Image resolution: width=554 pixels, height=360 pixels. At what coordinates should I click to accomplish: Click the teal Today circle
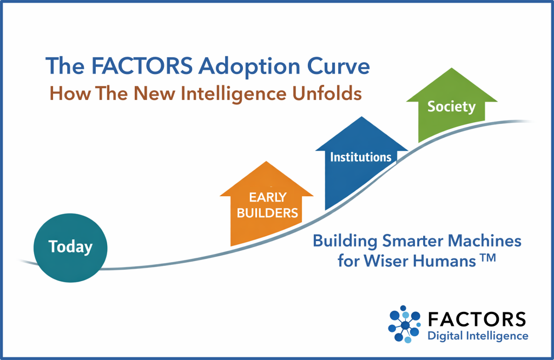(x=70, y=248)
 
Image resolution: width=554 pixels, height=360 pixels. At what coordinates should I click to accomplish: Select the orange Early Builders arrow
(x=266, y=205)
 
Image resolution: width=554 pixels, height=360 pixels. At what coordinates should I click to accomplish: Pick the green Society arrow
(x=452, y=104)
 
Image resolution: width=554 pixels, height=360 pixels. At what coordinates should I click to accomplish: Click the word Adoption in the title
(x=249, y=66)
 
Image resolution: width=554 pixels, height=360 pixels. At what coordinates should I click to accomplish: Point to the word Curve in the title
(x=339, y=66)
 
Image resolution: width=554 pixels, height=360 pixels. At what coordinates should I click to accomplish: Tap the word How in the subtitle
(x=70, y=94)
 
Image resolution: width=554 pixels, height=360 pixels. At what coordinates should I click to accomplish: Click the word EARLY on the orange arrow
(x=267, y=197)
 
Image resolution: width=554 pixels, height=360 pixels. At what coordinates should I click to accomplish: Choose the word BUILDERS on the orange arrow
(x=267, y=213)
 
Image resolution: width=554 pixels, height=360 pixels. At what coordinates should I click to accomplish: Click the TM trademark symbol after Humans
(x=488, y=258)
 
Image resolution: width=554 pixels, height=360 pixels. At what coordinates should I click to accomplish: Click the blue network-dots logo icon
(x=405, y=324)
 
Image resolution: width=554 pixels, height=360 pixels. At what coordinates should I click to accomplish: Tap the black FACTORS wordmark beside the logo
(x=477, y=319)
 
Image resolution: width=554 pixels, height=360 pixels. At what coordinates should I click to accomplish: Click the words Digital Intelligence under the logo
(x=478, y=336)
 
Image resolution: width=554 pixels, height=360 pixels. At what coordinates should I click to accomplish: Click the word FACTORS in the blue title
(x=142, y=66)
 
